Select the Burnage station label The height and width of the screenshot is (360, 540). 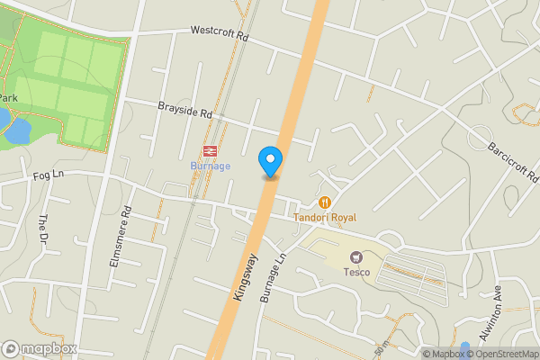point(211,166)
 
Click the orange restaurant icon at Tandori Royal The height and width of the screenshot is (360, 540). point(325,202)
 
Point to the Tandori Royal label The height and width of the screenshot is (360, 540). point(325,218)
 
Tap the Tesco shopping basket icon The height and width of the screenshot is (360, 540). point(356,258)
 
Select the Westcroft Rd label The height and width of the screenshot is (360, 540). point(219,31)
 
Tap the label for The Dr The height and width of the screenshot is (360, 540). point(41,229)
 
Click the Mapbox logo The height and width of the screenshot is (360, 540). point(40,348)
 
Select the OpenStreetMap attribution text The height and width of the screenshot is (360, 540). point(499,354)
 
